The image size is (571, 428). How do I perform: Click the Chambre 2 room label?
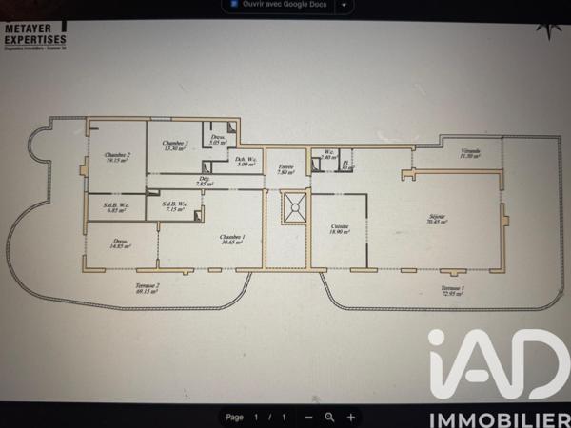pyautogui.click(x=117, y=157)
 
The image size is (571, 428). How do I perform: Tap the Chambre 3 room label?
pyautogui.click(x=175, y=146)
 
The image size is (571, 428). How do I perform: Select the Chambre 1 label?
pyautogui.click(x=231, y=239)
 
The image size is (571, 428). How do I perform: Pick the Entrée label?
pyautogui.click(x=285, y=169)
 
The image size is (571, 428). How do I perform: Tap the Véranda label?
pyautogui.click(x=470, y=153)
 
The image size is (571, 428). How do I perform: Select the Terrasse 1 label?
pyautogui.click(x=453, y=291)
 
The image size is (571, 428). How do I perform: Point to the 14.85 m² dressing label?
pyautogui.click(x=121, y=243)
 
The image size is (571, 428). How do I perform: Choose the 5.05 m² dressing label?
pyautogui.click(x=218, y=140)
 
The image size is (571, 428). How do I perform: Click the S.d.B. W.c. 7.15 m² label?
pyautogui.click(x=174, y=206)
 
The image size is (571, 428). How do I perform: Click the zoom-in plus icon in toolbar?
pyautogui.click(x=351, y=417)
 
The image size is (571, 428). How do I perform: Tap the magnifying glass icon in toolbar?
pyautogui.click(x=329, y=417)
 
